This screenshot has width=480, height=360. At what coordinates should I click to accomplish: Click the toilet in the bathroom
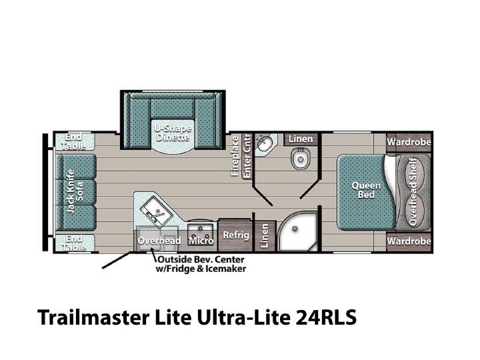click(300, 158)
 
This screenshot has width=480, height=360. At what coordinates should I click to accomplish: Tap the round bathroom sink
click(264, 143)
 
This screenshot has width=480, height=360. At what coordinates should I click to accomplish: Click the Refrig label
click(236, 235)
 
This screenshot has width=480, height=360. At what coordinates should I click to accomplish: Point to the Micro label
click(201, 241)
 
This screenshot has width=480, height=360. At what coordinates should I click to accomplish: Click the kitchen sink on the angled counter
click(155, 211)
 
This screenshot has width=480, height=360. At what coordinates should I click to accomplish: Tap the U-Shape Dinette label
click(173, 133)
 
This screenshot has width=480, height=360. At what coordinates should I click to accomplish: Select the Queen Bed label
click(366, 190)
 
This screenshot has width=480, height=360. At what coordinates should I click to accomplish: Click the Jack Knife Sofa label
click(75, 191)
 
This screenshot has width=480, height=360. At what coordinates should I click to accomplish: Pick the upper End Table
click(74, 141)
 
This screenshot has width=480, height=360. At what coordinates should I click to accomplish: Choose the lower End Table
click(74, 243)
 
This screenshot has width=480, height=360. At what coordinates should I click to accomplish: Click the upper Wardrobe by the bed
click(409, 142)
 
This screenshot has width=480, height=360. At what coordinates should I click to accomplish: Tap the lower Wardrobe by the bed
click(409, 241)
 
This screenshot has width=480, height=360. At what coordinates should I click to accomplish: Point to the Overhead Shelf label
click(413, 192)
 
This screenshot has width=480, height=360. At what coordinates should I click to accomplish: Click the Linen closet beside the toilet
click(301, 139)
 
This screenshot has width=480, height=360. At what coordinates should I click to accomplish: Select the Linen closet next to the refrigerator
click(264, 236)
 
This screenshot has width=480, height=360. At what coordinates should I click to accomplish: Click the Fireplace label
click(235, 156)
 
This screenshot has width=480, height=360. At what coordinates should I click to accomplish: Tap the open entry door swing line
click(116, 261)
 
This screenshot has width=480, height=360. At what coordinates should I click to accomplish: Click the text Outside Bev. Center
click(201, 259)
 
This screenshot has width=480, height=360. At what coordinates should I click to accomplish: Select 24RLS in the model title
click(326, 317)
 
